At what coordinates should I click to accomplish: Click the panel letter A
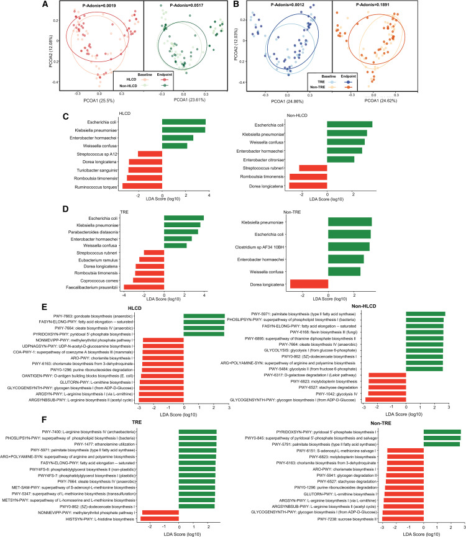[45, 6]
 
